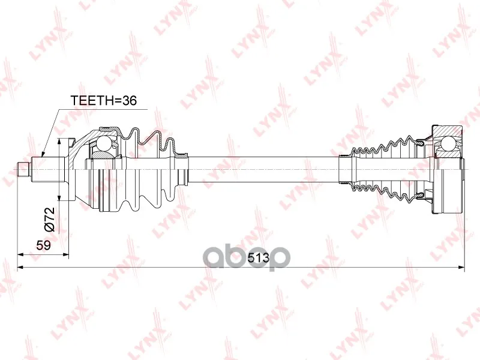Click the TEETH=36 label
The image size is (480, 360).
coord(103,100)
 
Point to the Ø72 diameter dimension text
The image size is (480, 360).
coord(50,219)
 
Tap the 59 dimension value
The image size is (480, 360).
coord(43,245)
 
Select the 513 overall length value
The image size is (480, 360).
coord(259,258)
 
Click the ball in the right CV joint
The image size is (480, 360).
coord(448,143)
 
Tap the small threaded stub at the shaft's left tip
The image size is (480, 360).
coord(23,169)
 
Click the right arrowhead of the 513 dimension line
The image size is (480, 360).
coord(461,267)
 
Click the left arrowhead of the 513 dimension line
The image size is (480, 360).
coord(21,267)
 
